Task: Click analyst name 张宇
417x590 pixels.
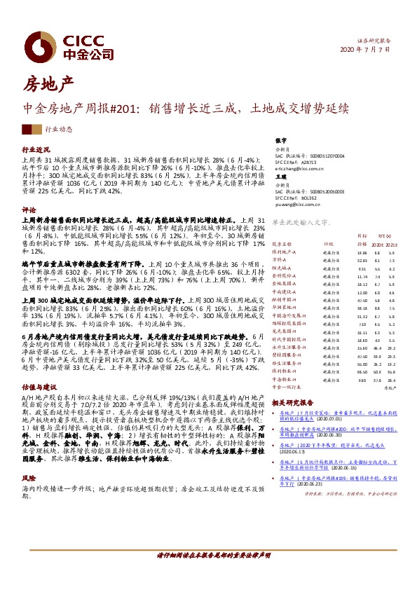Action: pos(282,141)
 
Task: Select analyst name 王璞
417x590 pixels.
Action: pos(282,177)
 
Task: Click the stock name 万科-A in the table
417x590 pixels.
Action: pos(280,259)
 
